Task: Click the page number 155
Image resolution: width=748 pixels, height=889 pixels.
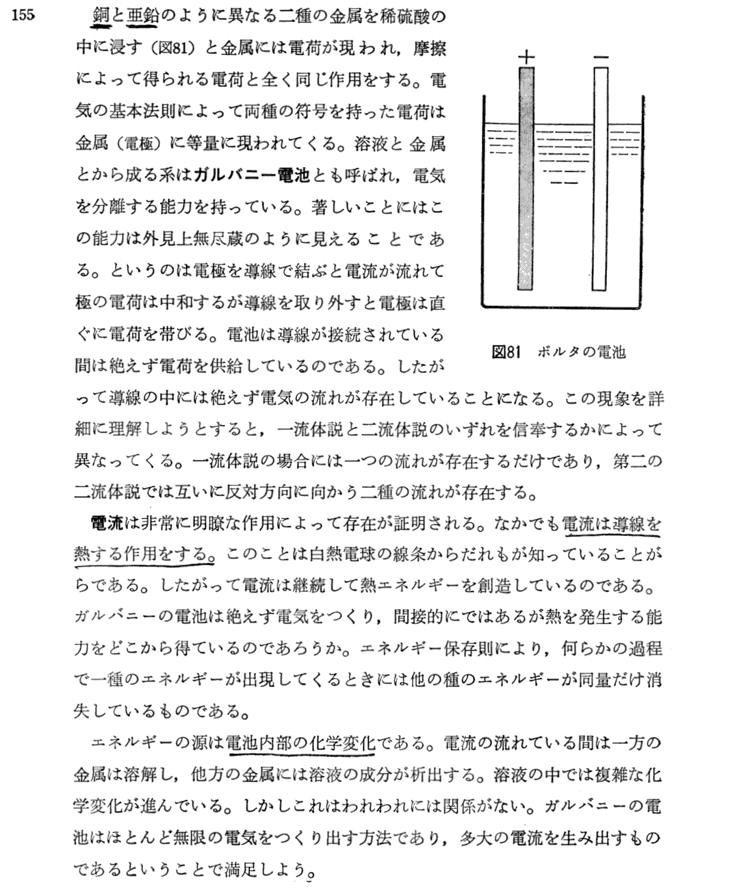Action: pos(23,16)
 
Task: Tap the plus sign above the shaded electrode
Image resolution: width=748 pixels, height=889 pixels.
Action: pos(526,57)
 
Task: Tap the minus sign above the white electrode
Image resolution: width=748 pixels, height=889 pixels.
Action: pos(601,59)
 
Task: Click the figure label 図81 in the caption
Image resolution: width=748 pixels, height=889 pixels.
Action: pos(507,352)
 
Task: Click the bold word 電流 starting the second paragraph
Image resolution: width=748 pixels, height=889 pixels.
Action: pos(106,525)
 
